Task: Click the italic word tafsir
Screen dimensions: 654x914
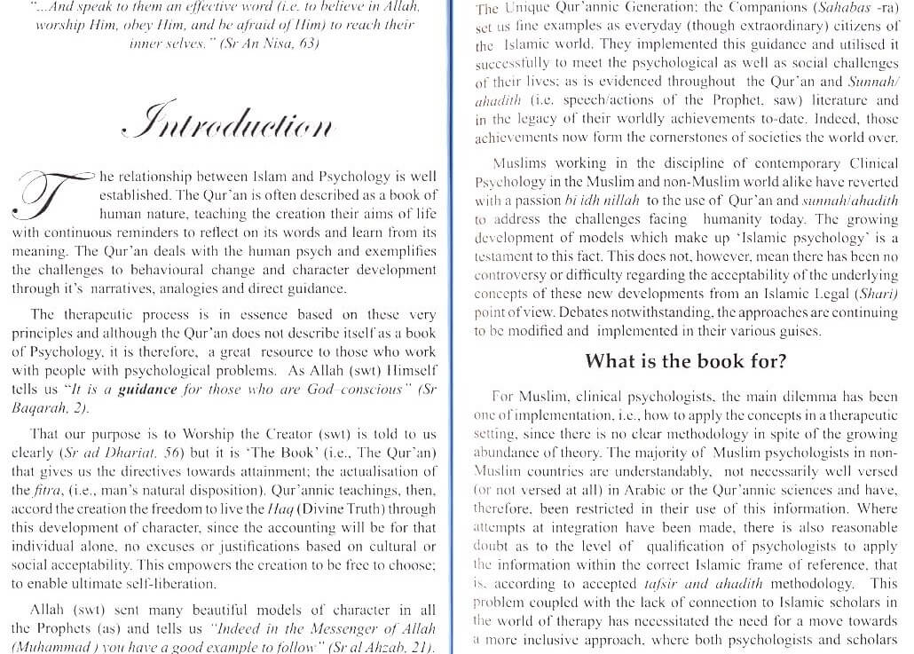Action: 666,584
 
